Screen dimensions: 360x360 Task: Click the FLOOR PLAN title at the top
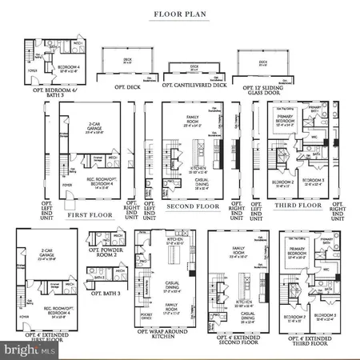pyautogui.click(x=179, y=14)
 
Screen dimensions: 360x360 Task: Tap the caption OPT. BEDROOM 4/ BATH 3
pyautogui.click(x=54, y=89)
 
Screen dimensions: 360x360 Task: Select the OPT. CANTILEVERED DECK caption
pyautogui.click(x=194, y=84)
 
